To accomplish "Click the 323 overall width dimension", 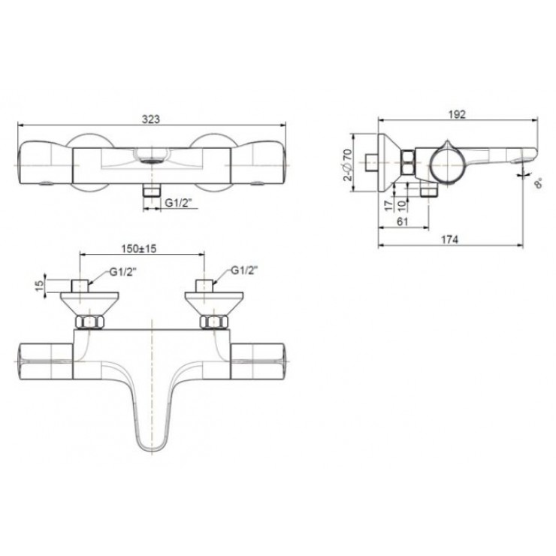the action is pos(151,119).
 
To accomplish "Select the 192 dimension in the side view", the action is pos(457,114).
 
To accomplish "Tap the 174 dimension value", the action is pos(449,240).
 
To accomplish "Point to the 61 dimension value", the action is pos(402,222).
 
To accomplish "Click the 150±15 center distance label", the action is pos(139,249).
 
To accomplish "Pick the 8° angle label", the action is pos(538,183).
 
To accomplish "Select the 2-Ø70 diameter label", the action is pos(349,165).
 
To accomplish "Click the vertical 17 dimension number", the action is pos(389,205).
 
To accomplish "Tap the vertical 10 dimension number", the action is pos(401,205).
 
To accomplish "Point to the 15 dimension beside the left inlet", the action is pos(41,286).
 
